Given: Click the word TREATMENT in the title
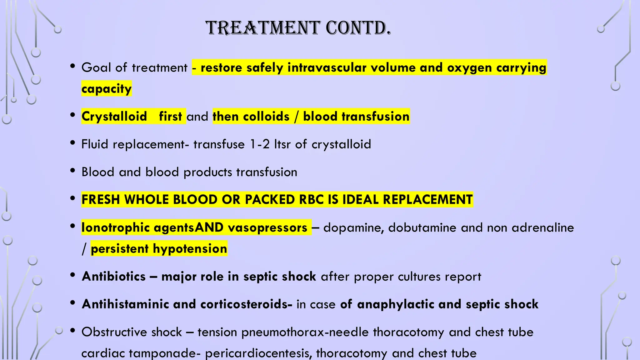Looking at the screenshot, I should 263,28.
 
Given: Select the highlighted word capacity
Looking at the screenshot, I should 106,89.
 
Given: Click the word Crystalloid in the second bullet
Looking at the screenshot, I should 114,116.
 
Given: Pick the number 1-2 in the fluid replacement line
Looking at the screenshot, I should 260,144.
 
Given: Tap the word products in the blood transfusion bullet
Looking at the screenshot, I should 207,172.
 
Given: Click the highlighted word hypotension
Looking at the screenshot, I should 190,249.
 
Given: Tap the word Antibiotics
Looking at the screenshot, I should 114,276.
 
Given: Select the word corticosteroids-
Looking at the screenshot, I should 246,304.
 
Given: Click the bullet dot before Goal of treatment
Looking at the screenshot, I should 73,66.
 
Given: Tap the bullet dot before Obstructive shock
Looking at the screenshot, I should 73,331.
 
